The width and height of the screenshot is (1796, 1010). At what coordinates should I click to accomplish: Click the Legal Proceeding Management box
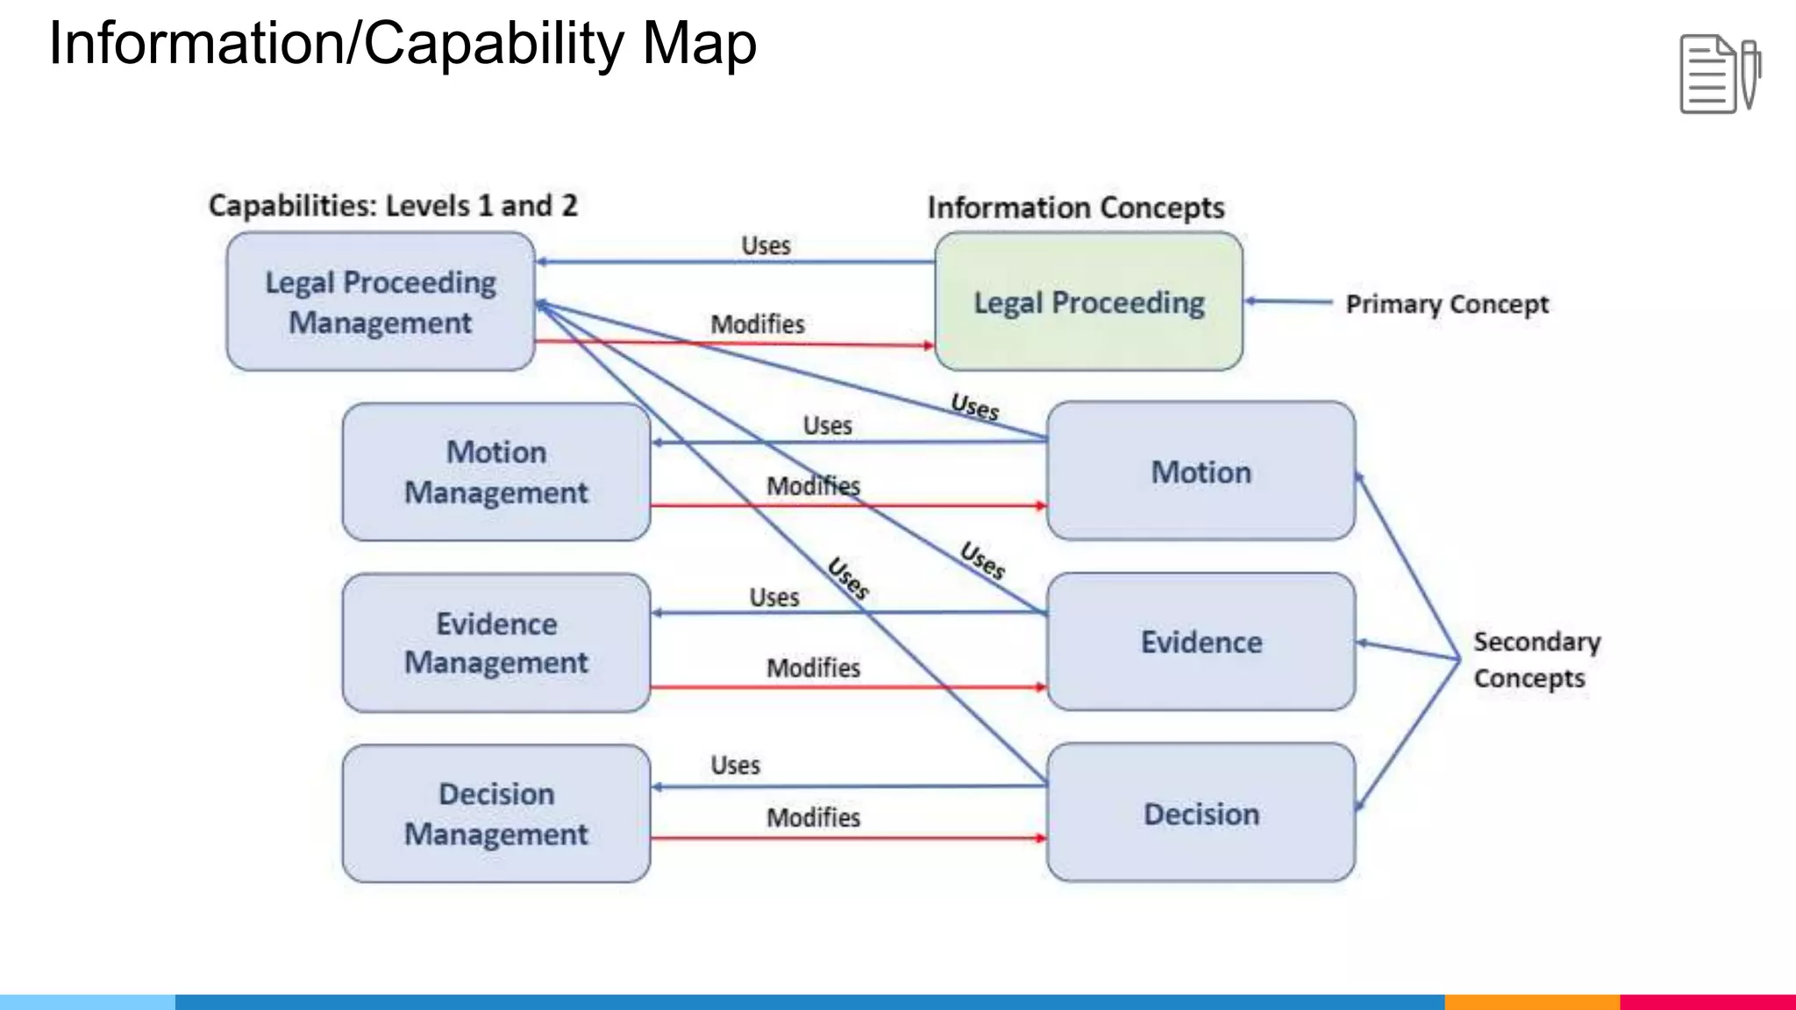(x=380, y=302)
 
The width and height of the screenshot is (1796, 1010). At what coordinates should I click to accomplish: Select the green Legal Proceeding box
(x=1088, y=302)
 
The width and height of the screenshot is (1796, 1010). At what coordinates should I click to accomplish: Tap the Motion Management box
(x=496, y=472)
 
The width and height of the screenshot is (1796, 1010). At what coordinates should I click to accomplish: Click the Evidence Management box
(x=496, y=643)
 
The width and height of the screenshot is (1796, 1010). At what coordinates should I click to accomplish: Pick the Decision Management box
(x=496, y=814)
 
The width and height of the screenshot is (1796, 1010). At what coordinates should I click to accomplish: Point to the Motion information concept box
(x=1201, y=472)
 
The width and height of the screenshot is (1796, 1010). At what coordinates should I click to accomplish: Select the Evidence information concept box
(x=1201, y=642)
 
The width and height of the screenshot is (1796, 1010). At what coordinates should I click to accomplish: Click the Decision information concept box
(x=1201, y=814)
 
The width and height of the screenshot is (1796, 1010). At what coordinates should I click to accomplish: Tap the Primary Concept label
(x=1447, y=304)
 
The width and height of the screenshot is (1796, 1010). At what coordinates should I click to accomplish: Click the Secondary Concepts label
(x=1536, y=659)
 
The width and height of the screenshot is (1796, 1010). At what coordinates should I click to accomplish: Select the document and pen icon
(x=1720, y=75)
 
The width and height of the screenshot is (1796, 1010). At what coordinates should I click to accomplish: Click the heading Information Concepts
(x=1076, y=208)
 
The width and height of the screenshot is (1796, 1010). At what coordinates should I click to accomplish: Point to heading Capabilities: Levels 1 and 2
(x=393, y=205)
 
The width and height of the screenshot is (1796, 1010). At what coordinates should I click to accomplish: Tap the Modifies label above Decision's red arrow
(x=813, y=817)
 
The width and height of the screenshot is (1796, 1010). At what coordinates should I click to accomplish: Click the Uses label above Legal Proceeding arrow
(x=766, y=245)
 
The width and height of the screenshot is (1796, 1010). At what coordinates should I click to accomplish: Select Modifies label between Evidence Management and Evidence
(x=813, y=668)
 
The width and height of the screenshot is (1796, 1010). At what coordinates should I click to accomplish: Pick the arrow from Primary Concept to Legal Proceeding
(x=1289, y=302)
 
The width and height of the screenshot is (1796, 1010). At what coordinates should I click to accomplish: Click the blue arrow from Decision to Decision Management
(x=877, y=786)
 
